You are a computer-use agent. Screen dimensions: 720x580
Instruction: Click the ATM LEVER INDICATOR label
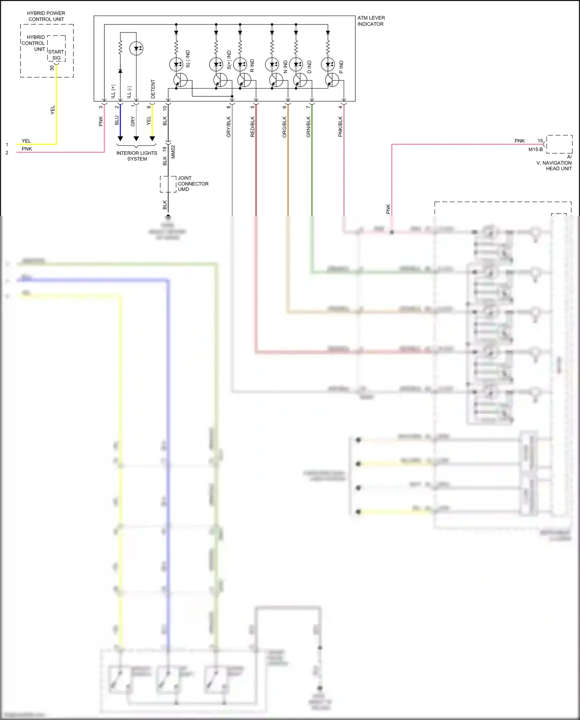(371, 21)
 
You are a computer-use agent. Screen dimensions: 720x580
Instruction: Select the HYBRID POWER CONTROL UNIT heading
(46, 16)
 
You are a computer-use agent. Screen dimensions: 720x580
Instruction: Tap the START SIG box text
(56, 55)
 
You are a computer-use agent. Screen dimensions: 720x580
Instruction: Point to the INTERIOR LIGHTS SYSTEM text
(137, 156)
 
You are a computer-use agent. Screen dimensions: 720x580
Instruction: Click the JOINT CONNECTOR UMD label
(193, 184)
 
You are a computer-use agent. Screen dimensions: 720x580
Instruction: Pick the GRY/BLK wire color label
(229, 127)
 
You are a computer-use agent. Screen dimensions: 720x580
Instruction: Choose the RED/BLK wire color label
(252, 127)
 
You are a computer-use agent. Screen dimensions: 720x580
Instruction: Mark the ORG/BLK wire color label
(285, 127)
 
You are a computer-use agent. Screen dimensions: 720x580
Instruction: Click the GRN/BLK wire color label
(309, 127)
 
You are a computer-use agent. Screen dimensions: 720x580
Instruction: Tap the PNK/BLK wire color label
(341, 127)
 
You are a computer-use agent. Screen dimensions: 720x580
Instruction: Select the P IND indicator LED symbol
(328, 64)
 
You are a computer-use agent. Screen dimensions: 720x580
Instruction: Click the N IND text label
(285, 67)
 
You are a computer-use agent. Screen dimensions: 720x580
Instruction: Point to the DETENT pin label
(153, 89)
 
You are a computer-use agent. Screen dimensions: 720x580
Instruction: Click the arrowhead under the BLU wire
(120, 139)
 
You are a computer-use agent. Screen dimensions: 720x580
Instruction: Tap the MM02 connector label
(173, 152)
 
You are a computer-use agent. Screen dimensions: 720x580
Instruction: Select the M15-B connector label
(536, 149)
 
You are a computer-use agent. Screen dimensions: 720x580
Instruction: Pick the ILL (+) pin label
(113, 91)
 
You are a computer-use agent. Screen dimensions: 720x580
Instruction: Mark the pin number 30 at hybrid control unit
(52, 68)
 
